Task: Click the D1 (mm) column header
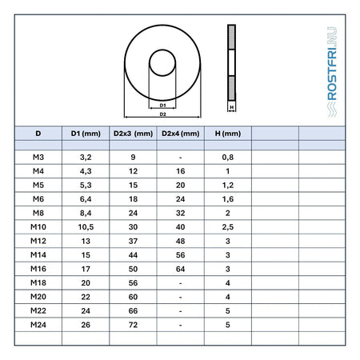86,134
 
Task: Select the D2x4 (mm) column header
181,134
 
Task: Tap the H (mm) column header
228,134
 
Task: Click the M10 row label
38,227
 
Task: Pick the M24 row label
38,325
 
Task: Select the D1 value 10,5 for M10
86,227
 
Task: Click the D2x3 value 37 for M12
133,241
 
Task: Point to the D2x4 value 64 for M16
181,269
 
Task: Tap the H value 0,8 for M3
228,158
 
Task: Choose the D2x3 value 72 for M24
133,325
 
